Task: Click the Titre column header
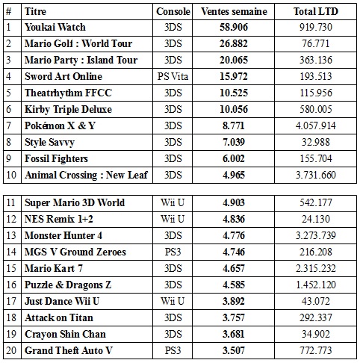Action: click(35, 11)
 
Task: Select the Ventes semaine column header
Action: click(234, 11)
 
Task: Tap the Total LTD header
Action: click(316, 11)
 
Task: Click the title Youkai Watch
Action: click(55, 27)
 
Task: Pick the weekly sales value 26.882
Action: click(234, 43)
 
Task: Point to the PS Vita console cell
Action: click(173, 76)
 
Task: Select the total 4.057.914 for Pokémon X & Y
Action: click(316, 125)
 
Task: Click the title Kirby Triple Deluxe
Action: click(68, 110)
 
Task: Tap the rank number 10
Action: click(11, 175)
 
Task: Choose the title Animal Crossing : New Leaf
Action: click(86, 175)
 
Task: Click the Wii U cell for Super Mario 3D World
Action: click(173, 202)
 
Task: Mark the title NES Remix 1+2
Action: click(59, 219)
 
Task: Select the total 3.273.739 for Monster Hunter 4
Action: click(316, 235)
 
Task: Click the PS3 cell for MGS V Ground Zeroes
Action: click(173, 252)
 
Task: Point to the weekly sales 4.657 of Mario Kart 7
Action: click(234, 268)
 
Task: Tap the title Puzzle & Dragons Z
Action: click(68, 285)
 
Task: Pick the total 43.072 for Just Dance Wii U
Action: click(316, 301)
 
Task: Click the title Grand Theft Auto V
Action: click(69, 350)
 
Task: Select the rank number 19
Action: click(11, 334)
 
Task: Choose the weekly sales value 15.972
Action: click(234, 76)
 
